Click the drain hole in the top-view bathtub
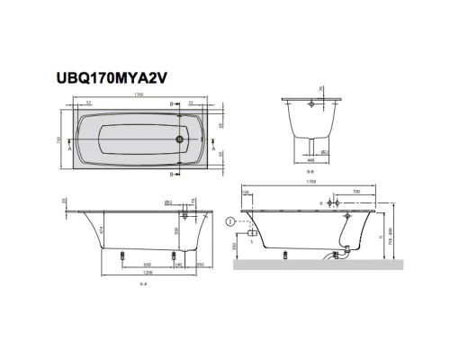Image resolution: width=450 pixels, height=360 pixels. tap(180, 140)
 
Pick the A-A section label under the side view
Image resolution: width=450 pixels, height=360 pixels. tap(142, 284)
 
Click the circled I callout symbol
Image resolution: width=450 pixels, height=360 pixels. tap(232, 221)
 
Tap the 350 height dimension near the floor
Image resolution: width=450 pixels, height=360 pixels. tap(235, 247)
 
